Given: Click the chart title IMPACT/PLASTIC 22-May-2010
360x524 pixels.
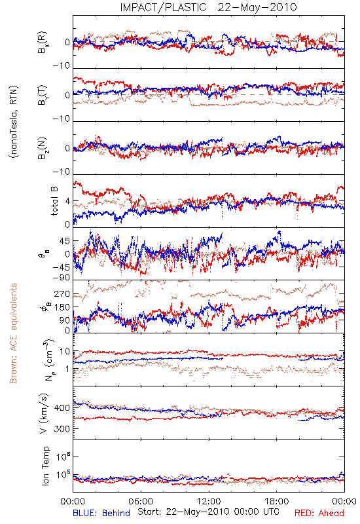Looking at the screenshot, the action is click(208, 7).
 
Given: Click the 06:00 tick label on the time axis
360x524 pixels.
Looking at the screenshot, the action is click(141, 501).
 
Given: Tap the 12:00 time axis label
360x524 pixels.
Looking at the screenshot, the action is click(209, 501).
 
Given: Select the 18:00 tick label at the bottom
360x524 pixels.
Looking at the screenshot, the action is click(276, 501).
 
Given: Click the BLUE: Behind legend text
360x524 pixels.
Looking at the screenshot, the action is click(101, 513).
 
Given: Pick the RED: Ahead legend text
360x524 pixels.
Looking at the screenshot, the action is click(319, 513).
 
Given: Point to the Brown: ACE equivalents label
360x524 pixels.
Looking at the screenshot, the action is click(13, 333).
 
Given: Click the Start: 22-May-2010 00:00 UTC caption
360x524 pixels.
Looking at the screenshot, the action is click(208, 512).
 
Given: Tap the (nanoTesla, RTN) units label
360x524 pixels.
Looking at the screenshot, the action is click(14, 122).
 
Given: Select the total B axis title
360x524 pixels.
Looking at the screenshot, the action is click(54, 200).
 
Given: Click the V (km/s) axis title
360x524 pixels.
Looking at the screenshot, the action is click(44, 413).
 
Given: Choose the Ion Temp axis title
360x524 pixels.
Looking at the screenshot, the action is click(45, 466).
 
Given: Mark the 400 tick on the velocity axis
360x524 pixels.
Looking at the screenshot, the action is click(62, 407).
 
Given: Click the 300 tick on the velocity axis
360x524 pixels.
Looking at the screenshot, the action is click(62, 429).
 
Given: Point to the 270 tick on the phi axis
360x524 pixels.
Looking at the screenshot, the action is click(62, 293).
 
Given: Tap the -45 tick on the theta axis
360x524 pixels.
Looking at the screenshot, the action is click(61, 267).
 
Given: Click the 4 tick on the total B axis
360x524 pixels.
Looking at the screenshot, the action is click(68, 202).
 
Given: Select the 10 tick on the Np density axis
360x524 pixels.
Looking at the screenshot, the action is click(65, 351).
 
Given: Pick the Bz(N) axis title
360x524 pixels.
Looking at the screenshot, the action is click(43, 148).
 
